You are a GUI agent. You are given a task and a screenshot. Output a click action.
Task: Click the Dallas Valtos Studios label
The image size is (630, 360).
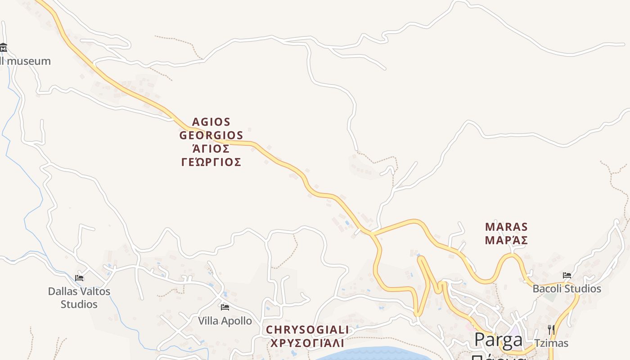79,297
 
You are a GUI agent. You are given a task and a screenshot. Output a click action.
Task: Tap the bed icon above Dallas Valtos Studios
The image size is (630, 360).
79,278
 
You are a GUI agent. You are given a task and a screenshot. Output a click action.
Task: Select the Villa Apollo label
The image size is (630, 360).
225,321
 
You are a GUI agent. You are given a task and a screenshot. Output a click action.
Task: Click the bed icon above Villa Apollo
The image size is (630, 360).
225,307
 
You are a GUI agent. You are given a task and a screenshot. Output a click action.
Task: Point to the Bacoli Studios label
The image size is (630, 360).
567,288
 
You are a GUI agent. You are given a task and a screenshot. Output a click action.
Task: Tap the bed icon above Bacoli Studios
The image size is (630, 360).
567,275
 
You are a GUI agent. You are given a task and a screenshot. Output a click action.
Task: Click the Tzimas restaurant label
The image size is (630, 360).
551,343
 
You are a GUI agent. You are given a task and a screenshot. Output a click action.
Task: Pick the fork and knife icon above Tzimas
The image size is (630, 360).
551,330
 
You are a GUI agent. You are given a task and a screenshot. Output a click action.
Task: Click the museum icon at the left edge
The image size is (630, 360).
3,47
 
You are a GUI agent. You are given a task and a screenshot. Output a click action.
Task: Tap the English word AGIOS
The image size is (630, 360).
211,122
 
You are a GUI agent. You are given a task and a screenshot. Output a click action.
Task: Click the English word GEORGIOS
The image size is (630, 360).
211,135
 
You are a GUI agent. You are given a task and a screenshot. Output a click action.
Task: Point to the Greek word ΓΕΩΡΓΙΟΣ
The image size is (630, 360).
211,162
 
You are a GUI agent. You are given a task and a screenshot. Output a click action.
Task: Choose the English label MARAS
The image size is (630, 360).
506,227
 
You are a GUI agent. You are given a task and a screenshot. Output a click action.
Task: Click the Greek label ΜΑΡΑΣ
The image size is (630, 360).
506,240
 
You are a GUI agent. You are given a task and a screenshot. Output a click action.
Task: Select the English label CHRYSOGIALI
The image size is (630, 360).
307,330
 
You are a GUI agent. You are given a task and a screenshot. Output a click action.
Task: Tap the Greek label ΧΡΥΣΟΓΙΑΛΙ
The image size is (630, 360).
307,343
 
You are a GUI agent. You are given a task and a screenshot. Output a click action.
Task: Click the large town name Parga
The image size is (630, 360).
498,340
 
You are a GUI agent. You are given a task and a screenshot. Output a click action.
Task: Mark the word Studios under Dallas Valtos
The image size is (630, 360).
79,304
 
